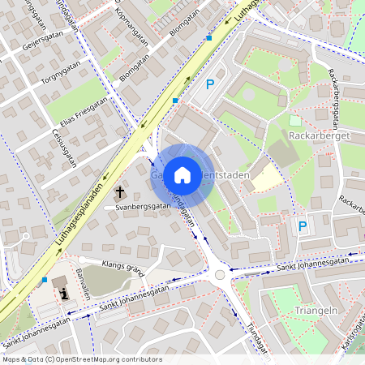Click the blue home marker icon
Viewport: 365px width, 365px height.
182,175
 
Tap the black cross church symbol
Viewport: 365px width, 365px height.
120,192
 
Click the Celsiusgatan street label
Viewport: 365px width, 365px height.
64,148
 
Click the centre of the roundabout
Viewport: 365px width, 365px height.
220,276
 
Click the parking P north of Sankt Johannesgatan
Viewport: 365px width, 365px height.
303,226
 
